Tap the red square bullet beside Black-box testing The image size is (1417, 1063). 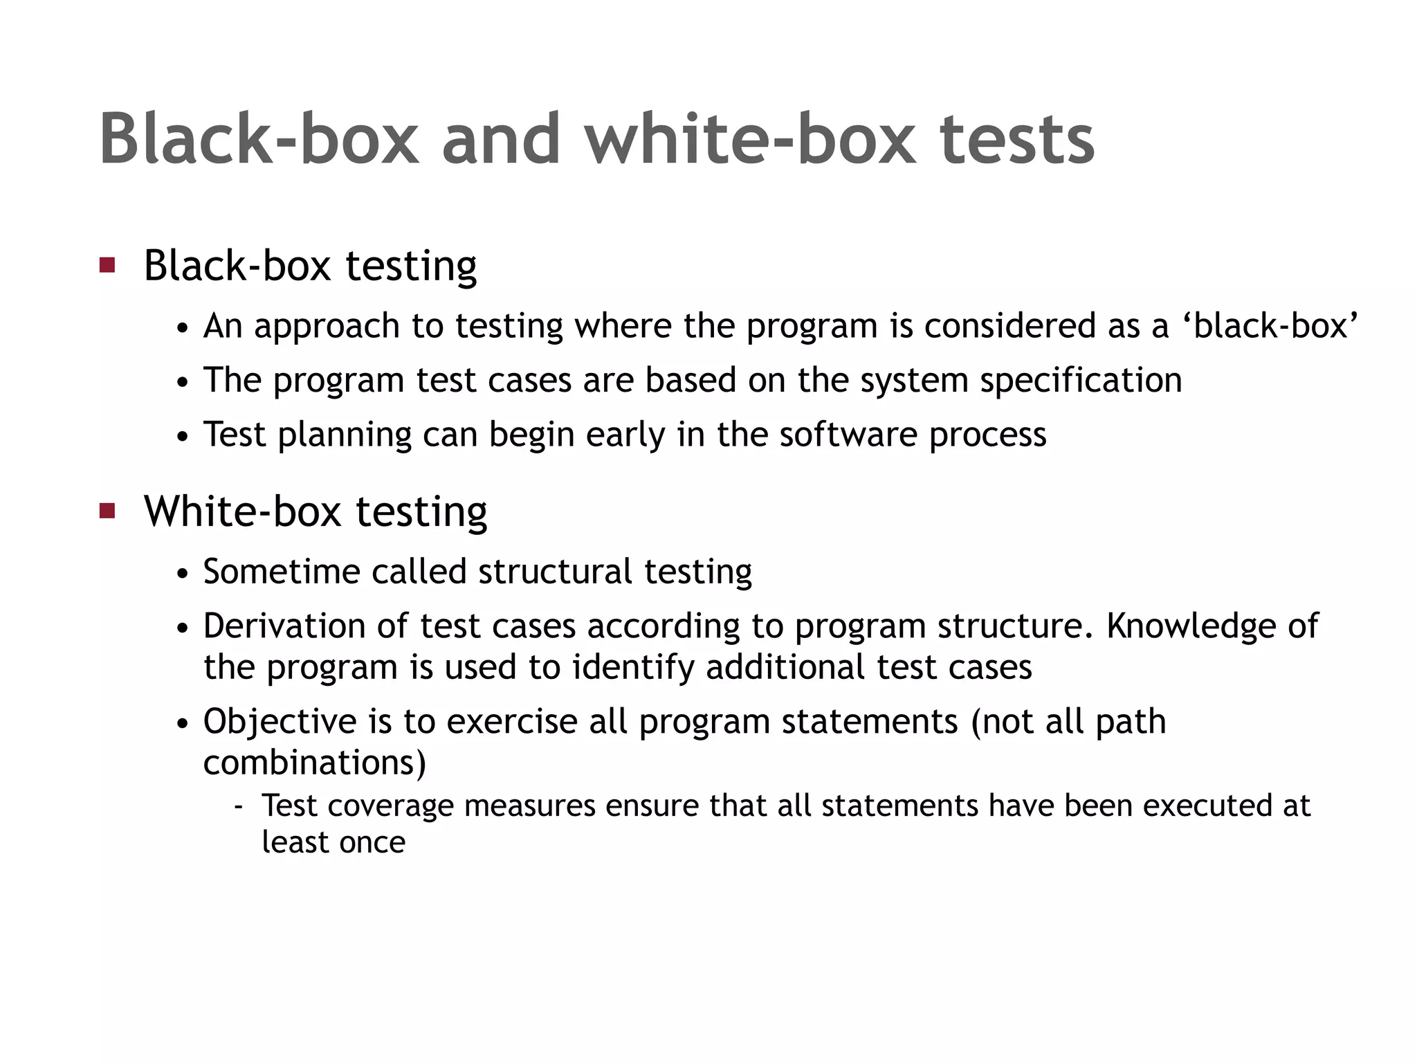[107, 265]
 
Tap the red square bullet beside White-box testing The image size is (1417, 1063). [107, 511]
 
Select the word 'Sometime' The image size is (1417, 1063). [281, 572]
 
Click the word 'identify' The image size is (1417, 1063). [632, 668]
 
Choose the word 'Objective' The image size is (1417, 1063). [280, 722]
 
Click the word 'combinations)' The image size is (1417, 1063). [315, 763]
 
